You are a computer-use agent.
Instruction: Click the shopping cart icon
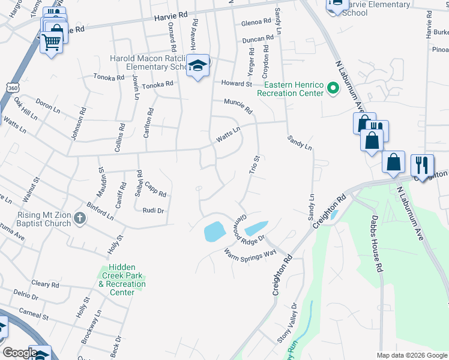tap(52, 42)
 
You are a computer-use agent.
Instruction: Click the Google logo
tap(19, 353)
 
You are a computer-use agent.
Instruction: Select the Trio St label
tap(255, 166)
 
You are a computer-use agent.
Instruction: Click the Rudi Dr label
tap(154, 210)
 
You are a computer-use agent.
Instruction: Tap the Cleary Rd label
tap(46, 284)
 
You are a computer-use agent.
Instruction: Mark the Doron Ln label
tap(48, 106)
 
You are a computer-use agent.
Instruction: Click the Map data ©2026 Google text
tap(412, 355)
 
